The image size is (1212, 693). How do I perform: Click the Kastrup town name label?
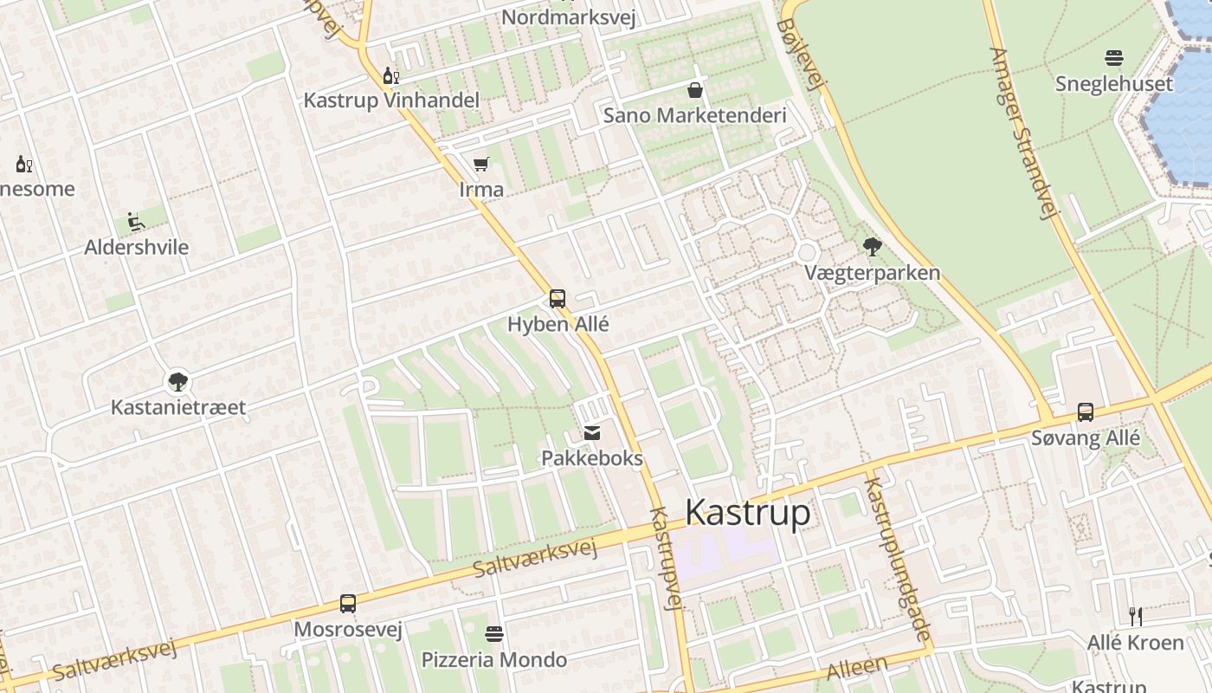click(x=747, y=513)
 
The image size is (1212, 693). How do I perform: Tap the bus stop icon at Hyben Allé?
click(x=558, y=299)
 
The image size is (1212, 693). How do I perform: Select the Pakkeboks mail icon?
click(x=592, y=433)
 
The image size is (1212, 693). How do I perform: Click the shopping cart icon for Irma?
click(x=481, y=164)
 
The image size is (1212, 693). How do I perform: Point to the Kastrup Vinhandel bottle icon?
click(x=390, y=76)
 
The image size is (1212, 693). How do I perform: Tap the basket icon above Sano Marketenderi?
click(x=694, y=90)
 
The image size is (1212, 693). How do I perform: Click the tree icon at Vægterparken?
click(x=872, y=248)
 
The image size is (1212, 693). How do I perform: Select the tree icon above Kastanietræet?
click(x=178, y=381)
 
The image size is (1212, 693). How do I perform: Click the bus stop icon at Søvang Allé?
click(x=1085, y=412)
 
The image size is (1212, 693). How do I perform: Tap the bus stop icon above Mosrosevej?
click(x=347, y=604)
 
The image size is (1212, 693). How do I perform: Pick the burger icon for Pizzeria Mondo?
click(x=494, y=634)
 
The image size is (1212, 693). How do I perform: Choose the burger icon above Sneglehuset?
click(x=1113, y=59)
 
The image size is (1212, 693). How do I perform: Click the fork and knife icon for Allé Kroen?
click(x=1135, y=617)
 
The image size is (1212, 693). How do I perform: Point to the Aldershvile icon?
click(x=136, y=223)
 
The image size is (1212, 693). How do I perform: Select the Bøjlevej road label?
click(x=800, y=54)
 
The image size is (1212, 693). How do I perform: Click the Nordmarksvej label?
click(x=568, y=17)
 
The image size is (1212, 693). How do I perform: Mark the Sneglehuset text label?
click(x=1113, y=84)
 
